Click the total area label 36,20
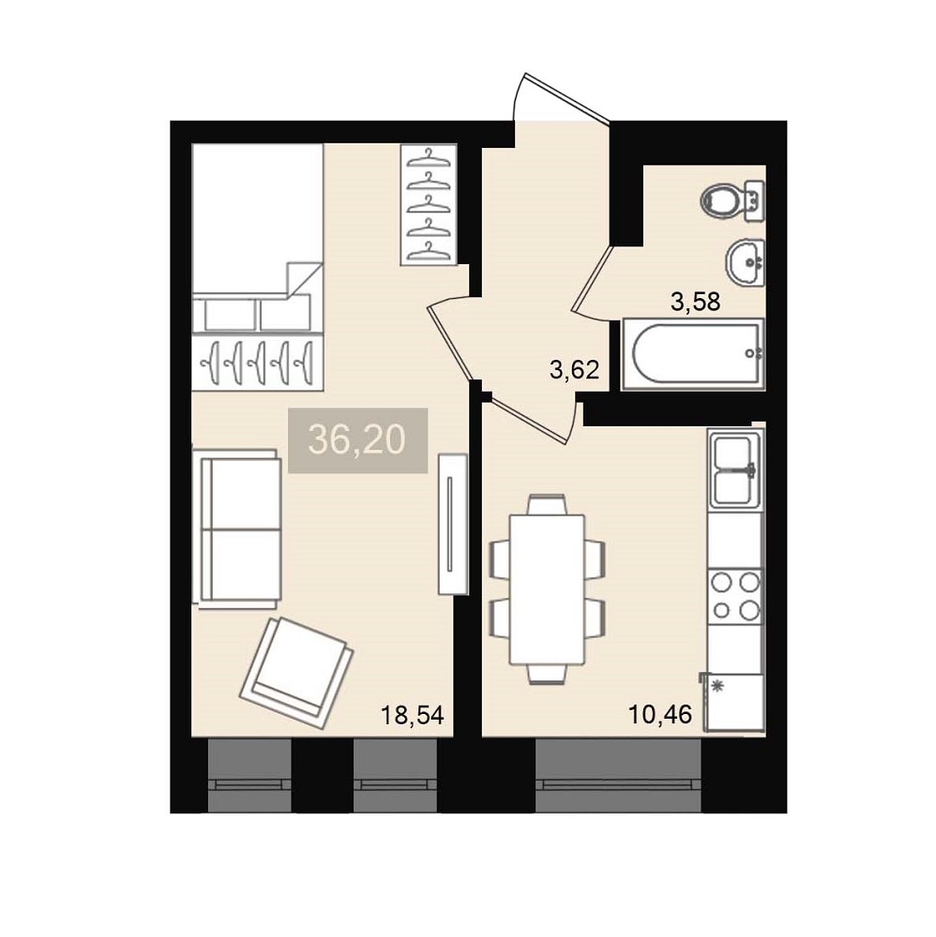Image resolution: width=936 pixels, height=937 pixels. [x=357, y=440]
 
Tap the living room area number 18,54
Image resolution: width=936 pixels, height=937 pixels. [x=413, y=715]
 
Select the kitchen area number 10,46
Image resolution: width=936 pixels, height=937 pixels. [x=660, y=713]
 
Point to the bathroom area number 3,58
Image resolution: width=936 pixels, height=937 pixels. [x=696, y=302]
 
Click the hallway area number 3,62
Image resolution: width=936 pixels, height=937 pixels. [x=574, y=370]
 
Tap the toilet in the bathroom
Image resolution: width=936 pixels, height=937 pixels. [x=732, y=201]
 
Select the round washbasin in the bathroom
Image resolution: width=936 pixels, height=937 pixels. [x=746, y=262]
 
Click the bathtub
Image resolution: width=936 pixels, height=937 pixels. [x=693, y=354]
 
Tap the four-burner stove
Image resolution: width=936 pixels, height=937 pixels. [x=735, y=595]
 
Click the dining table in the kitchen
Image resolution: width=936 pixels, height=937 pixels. [x=547, y=589]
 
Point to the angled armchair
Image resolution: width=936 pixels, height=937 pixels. [x=296, y=672]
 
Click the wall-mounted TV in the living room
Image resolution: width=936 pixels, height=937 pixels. [x=453, y=525]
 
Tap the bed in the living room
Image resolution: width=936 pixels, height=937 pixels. [x=258, y=267]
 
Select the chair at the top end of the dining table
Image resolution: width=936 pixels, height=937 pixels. [x=547, y=504]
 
